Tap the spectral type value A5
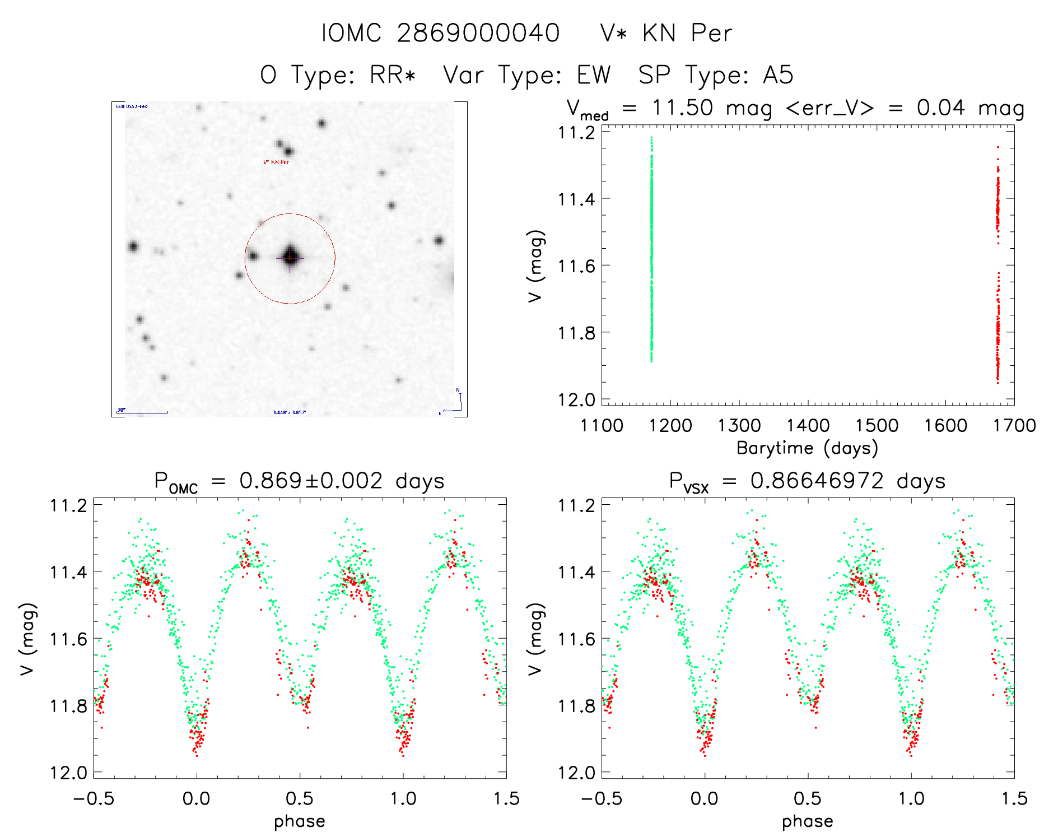tap(778, 75)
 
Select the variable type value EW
tap(594, 75)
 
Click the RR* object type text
tap(392, 75)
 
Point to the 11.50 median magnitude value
tap(682, 108)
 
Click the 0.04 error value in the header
tap(940, 108)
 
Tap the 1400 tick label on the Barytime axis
tap(808, 426)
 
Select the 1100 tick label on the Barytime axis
tap(602, 426)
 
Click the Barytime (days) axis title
tap(807, 448)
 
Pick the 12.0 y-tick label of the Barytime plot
tap(576, 399)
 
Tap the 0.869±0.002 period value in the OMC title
tap(311, 481)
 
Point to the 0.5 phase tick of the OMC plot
tap(300, 798)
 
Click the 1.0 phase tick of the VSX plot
tap(911, 798)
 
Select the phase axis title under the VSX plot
tap(807, 821)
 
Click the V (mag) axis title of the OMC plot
tap(28, 639)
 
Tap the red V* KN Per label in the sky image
tap(276, 162)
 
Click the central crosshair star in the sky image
tap(290, 257)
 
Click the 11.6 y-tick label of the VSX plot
tap(576, 639)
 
